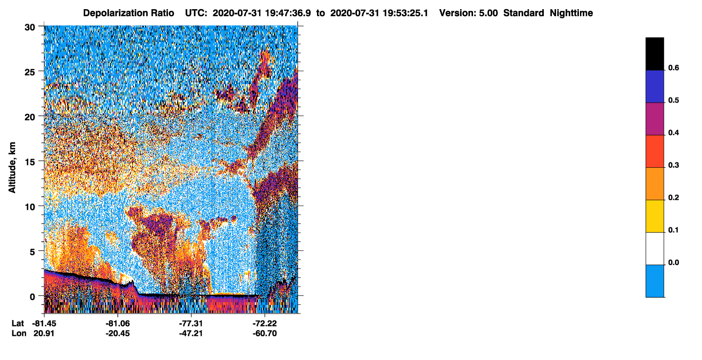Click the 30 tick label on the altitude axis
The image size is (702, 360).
(x=30, y=28)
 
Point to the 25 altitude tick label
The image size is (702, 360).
(x=30, y=72)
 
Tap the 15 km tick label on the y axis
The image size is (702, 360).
(x=30, y=162)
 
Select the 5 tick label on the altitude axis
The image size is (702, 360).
(x=32, y=252)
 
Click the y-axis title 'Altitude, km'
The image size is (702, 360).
(x=12, y=168)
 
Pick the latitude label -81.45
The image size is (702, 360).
(x=44, y=324)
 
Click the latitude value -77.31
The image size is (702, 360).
(x=191, y=324)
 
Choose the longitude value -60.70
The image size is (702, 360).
(x=265, y=334)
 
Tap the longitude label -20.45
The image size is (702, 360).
(x=118, y=334)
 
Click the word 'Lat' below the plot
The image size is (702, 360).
(x=18, y=324)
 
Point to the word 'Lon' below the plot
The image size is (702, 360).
(x=19, y=334)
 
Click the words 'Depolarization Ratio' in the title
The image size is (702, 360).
(x=129, y=13)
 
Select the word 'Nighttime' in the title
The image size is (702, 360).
(x=571, y=13)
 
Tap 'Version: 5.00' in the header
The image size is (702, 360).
(x=469, y=13)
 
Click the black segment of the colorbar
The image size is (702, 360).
(x=654, y=53)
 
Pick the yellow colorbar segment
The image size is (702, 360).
(x=654, y=216)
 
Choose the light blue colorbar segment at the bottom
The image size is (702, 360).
(x=654, y=281)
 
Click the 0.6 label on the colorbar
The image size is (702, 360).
(x=673, y=67)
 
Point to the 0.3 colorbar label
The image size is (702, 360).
(x=673, y=165)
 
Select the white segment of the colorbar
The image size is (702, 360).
(x=654, y=248)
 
